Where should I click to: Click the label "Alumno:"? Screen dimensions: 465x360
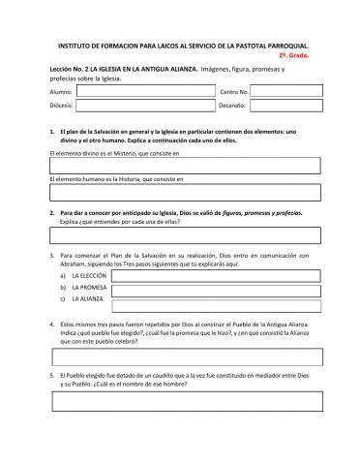click(61, 90)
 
